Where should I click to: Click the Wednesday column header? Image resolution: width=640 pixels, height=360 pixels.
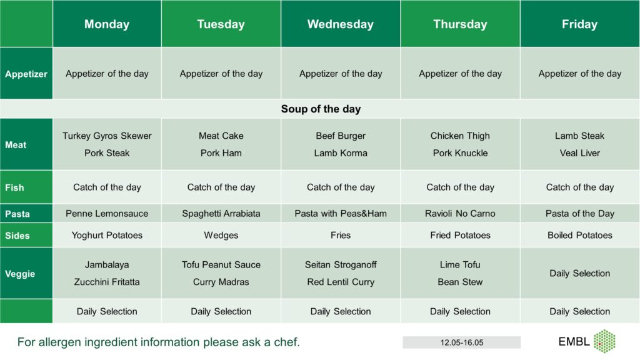pos(341,24)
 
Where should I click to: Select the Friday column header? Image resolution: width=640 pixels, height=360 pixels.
pos(579,24)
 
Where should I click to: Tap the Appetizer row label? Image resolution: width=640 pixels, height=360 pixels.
pos(26,74)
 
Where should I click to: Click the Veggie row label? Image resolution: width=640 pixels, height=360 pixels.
pos(20,274)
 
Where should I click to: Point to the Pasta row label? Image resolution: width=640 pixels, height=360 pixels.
pos(17,214)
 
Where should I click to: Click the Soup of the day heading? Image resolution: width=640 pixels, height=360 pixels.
pos(321,109)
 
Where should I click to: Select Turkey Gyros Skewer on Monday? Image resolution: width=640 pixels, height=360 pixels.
pos(107,136)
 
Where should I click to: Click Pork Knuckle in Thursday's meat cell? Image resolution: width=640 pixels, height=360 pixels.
pos(460,153)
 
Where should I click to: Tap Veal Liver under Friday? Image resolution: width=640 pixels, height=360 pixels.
pos(579,153)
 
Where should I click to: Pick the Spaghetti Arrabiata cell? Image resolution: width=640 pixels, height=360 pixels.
pos(221,214)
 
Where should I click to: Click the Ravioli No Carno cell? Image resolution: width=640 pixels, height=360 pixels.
pos(460,214)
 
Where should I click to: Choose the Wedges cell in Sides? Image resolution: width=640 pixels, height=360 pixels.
pos(221,236)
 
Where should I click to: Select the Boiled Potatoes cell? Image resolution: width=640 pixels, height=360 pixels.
pos(579,235)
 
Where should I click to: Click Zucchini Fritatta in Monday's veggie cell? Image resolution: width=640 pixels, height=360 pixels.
pos(107,282)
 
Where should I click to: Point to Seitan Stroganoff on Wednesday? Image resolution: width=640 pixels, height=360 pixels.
pos(341,265)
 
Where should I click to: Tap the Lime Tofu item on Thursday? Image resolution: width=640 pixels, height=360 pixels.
pos(460,264)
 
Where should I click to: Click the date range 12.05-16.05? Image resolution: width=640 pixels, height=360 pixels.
pos(462,342)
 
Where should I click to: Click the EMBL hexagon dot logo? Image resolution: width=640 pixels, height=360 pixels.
pos(604,341)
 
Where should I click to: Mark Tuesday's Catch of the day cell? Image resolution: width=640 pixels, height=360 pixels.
pos(221,187)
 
